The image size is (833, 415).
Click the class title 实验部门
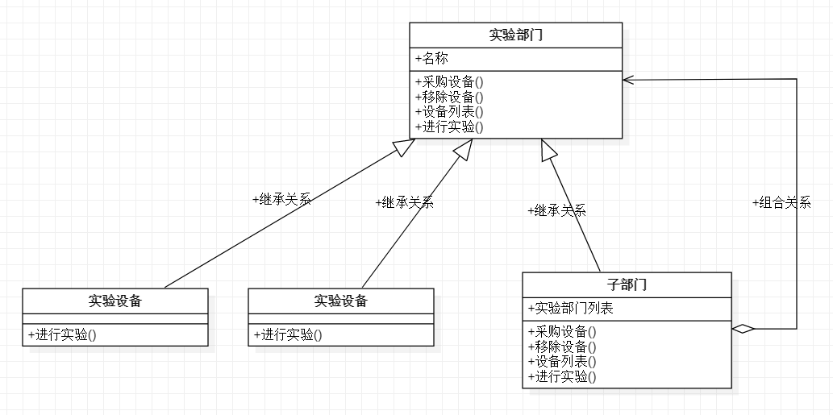515,35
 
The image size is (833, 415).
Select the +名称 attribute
432,58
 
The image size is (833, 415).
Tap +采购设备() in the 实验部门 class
449,82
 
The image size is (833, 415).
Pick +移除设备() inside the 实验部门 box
449,98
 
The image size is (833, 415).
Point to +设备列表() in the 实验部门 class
449,112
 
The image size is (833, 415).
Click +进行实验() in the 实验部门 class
449,127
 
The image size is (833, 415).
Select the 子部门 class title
627,285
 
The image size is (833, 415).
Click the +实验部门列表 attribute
571,309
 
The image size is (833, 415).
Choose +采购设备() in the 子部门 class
563,332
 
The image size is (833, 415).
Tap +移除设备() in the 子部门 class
563,347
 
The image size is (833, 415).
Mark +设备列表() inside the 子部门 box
563,362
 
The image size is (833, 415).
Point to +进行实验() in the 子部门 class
563,377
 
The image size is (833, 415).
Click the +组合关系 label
782,203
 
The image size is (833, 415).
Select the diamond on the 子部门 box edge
743,329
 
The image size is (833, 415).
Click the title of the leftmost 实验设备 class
115,301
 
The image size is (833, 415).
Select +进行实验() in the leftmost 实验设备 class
62,335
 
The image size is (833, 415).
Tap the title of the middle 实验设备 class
341,301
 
